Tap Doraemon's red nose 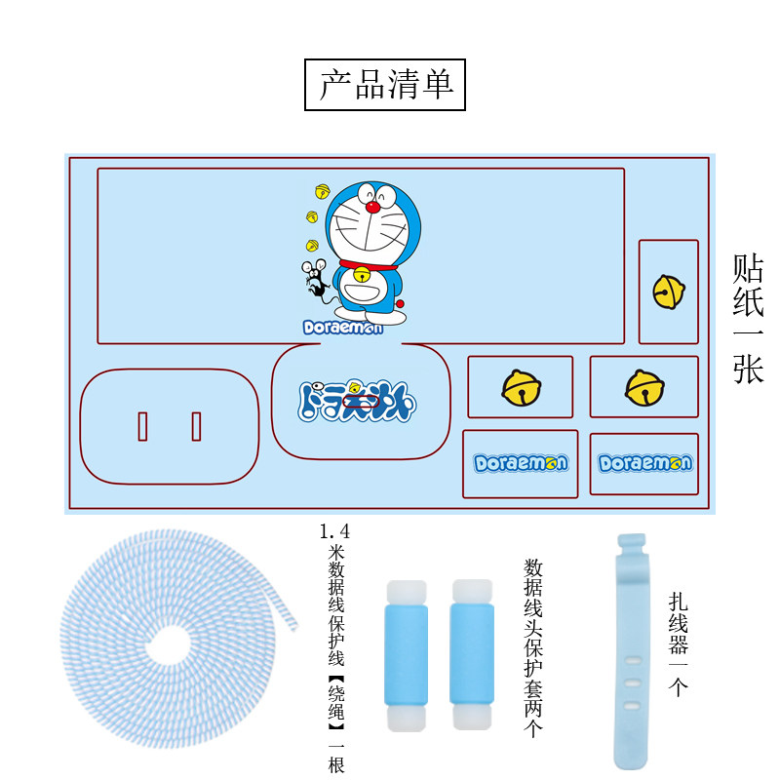tap(370, 207)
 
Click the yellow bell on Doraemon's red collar tap(362, 274)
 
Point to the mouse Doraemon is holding tap(316, 278)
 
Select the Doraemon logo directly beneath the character tap(342, 328)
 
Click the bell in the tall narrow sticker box tap(668, 290)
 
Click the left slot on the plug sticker tap(142, 427)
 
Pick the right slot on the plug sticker tap(196, 427)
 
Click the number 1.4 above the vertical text tap(334, 532)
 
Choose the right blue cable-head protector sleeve tap(472, 656)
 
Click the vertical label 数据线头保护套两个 tap(533, 647)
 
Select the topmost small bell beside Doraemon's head tap(322, 191)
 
